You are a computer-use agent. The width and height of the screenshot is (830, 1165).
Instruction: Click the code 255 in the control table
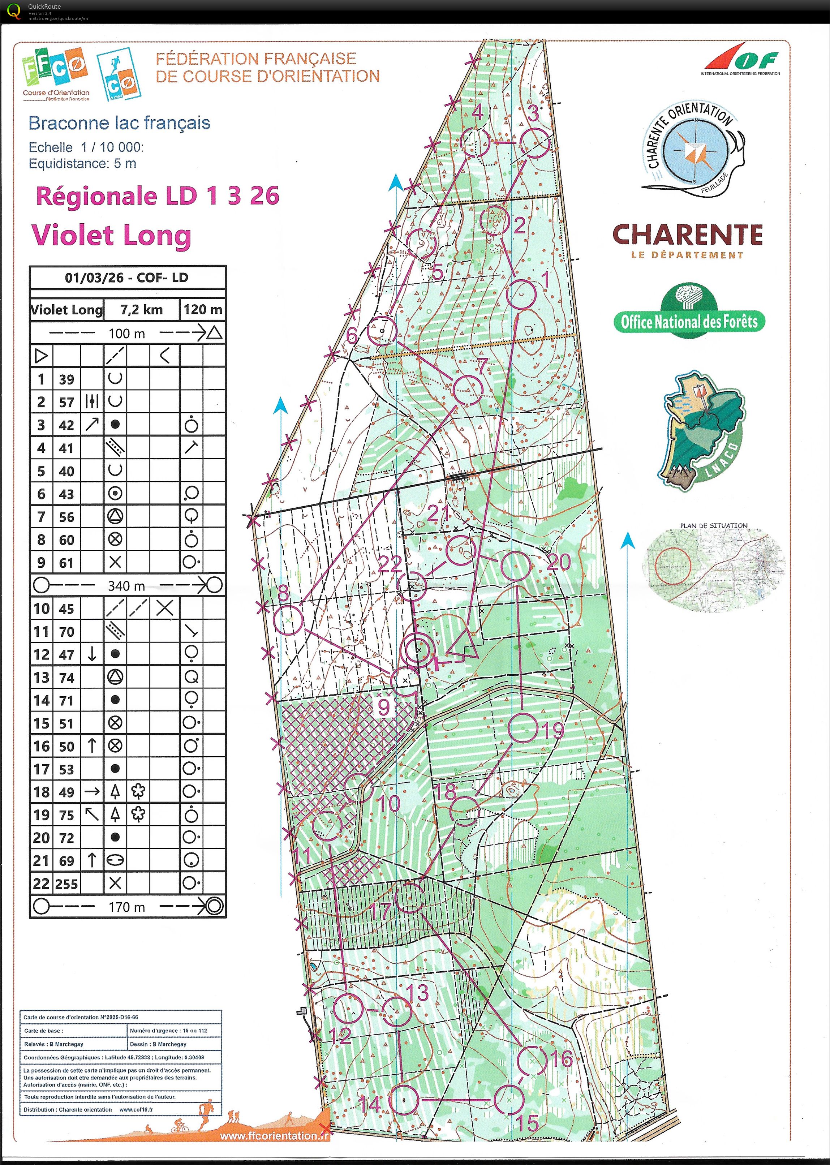66,884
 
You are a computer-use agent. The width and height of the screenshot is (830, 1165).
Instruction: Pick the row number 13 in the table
42,678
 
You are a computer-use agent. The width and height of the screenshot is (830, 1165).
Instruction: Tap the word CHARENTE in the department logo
687,235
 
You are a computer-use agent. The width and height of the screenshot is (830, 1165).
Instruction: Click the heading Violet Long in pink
111,236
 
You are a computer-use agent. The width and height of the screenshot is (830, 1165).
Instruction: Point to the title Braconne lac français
119,123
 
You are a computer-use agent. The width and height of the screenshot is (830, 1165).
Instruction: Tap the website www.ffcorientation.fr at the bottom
275,1136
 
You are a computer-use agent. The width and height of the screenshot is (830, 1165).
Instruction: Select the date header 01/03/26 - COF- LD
127,278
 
